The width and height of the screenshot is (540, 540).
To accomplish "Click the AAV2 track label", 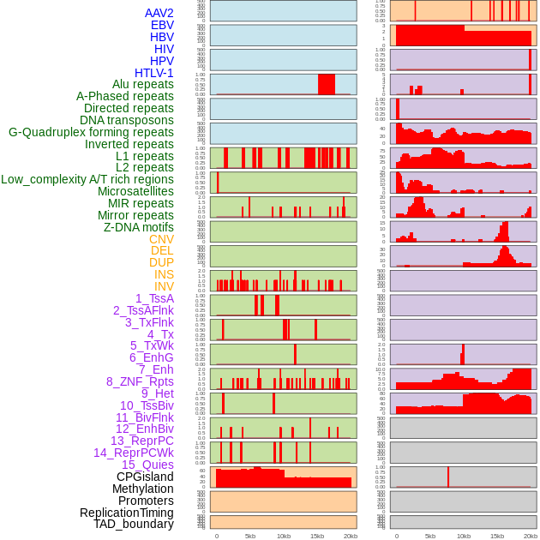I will (159, 13).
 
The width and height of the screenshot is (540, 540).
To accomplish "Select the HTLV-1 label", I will (154, 73).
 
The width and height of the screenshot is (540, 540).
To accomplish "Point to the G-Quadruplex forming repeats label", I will (91, 132).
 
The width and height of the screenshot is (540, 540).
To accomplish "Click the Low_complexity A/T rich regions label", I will (87, 179).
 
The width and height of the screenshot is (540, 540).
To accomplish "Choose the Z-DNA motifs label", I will (139, 227).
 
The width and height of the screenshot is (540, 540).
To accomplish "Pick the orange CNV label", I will (161, 239).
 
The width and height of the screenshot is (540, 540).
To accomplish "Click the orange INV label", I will (164, 286).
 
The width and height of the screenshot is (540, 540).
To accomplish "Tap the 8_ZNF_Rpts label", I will (140, 381).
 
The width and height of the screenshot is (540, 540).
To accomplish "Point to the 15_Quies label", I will (147, 465).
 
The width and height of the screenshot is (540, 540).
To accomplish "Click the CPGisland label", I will (145, 477).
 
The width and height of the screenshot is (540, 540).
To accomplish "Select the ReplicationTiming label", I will (127, 513).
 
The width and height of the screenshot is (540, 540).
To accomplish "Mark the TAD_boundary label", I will (134, 524).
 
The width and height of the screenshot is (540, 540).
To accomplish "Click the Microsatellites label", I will (135, 191).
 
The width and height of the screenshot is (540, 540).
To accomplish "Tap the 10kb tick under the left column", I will (284, 536).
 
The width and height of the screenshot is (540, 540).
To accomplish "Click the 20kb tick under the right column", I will (531, 536).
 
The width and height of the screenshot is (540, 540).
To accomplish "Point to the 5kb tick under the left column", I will (250, 536).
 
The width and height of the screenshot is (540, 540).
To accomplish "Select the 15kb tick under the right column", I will (497, 536).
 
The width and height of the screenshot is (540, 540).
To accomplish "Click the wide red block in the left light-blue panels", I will (327, 84).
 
